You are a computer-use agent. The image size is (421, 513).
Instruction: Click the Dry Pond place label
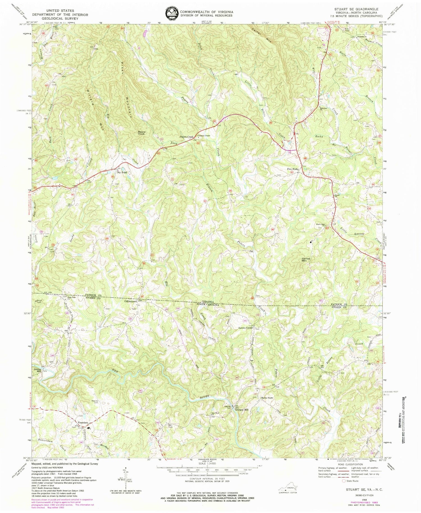coord(122,173)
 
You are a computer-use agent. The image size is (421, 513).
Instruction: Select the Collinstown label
coord(131,301)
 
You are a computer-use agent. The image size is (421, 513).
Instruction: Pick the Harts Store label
coord(267,398)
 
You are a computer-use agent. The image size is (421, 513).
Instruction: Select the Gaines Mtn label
coord(306,260)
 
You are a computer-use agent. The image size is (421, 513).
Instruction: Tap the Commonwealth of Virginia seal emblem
coord(171,13)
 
